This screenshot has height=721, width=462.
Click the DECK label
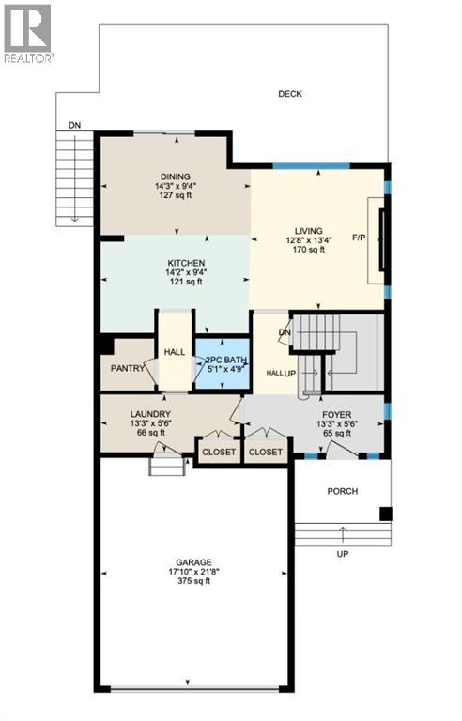pyautogui.click(x=288, y=94)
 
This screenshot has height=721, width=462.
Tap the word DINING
pyautogui.click(x=176, y=176)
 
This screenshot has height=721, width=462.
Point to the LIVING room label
pyautogui.click(x=308, y=230)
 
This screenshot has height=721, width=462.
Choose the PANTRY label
pyautogui.click(x=125, y=369)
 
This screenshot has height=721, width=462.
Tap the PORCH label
pyautogui.click(x=342, y=491)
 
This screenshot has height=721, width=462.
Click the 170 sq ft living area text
pyautogui.click(x=308, y=250)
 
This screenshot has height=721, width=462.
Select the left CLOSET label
pyautogui.click(x=219, y=452)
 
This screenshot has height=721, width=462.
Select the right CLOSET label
pyautogui.click(x=266, y=452)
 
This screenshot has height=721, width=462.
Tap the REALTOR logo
pyautogui.click(x=28, y=34)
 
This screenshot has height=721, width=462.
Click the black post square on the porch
pyautogui.click(x=385, y=513)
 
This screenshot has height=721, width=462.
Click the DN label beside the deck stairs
pyautogui.click(x=73, y=125)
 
